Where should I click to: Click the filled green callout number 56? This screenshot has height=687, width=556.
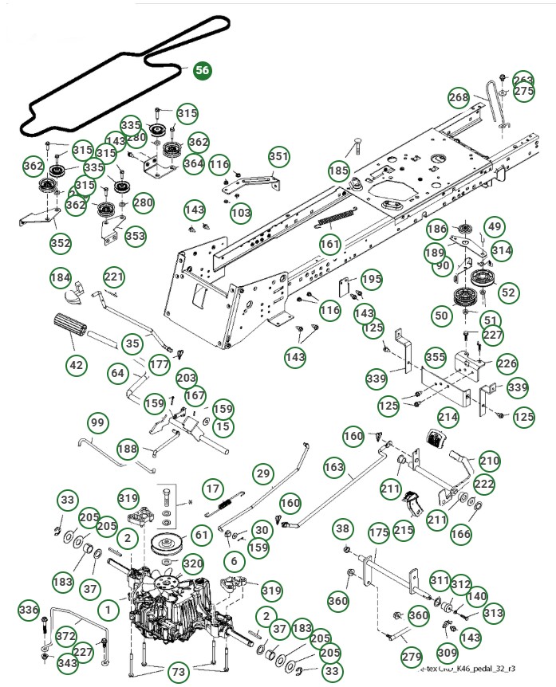[203, 70]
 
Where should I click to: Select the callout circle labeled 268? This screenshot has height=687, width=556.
[459, 97]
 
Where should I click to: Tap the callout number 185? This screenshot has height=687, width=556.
[339, 171]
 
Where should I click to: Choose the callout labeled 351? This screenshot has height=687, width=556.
[278, 156]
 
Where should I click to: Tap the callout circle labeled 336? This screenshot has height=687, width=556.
[29, 610]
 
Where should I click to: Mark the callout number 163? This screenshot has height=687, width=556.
[334, 466]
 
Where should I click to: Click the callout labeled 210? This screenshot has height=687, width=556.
[489, 461]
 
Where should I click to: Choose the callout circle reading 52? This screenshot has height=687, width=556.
[508, 292]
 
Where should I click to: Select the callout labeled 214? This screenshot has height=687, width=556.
[448, 416]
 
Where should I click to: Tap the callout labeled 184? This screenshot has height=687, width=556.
[60, 277]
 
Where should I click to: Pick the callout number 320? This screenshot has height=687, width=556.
[192, 563]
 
